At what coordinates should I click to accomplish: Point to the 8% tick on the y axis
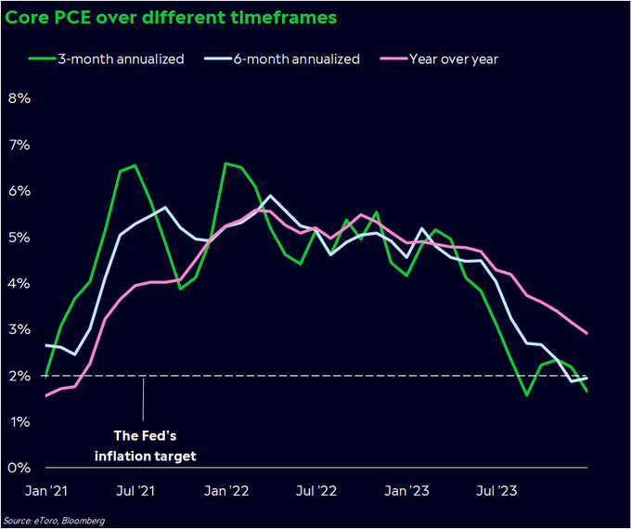(19, 98)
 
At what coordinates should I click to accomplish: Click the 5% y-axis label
(19, 237)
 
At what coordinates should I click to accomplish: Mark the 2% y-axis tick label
(19, 376)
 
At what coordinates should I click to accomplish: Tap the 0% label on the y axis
(19, 468)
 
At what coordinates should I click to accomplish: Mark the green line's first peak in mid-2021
(135, 166)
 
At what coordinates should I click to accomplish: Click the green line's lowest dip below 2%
(526, 394)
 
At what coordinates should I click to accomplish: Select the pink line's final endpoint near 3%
(586, 333)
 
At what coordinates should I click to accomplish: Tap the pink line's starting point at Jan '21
(46, 395)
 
